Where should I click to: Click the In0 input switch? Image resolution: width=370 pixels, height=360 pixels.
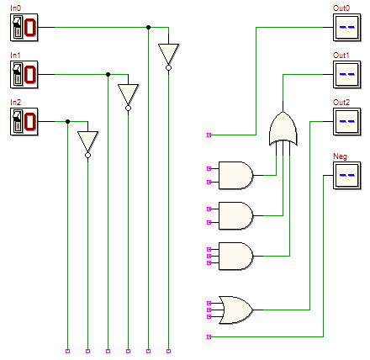point(24,28)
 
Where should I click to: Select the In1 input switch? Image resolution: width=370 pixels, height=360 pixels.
point(24,75)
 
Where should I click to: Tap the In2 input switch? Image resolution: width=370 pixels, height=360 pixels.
point(24,122)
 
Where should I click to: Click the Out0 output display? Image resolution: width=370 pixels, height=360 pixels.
point(347,28)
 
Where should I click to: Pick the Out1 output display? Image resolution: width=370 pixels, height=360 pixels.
point(347,75)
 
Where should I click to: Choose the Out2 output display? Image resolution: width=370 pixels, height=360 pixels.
point(347,122)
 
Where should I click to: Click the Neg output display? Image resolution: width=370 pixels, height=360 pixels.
point(347,176)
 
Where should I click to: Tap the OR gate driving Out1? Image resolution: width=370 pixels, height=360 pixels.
point(283,129)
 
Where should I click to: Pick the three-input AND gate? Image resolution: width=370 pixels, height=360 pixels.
point(235,256)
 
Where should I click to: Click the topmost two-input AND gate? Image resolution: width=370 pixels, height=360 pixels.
point(235,175)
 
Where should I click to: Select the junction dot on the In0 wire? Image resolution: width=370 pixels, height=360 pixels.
point(148,28)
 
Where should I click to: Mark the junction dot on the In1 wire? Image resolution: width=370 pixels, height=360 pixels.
point(108,75)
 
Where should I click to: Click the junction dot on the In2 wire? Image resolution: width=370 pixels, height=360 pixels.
point(67,122)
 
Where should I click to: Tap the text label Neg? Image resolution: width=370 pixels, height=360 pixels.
point(340,156)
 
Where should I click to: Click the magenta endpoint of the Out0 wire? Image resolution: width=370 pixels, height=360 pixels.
point(209,135)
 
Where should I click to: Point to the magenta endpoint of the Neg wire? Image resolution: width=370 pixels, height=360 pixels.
point(209,336)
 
